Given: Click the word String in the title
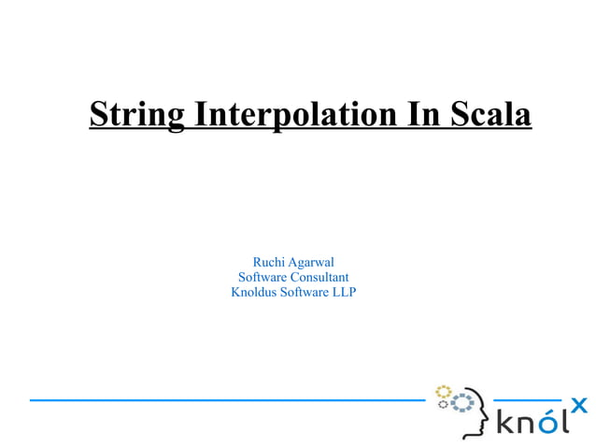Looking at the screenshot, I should click(x=138, y=114).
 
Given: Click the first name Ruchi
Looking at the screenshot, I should click(x=270, y=262).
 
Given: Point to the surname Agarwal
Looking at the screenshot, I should click(x=313, y=262).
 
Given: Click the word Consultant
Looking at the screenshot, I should click(x=319, y=277).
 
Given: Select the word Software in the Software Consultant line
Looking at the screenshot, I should click(x=263, y=277).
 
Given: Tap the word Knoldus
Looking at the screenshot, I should click(x=253, y=293).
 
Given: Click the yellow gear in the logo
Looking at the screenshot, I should click(x=444, y=390).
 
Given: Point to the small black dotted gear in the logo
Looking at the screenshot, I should click(x=443, y=405).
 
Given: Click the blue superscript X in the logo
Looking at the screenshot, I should click(x=579, y=405).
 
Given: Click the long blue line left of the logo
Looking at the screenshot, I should click(x=224, y=399).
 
